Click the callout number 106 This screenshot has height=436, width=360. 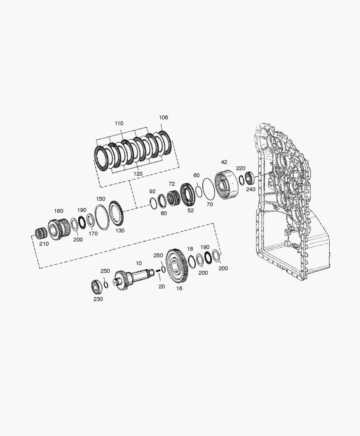(x=163, y=117)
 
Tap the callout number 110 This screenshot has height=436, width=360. (x=119, y=124)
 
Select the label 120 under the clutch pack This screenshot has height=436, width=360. (x=138, y=174)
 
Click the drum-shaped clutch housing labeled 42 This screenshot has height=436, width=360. (x=226, y=184)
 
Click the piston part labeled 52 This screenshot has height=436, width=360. (x=189, y=194)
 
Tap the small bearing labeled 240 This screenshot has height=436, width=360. (x=249, y=178)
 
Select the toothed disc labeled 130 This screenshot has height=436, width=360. (x=116, y=214)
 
